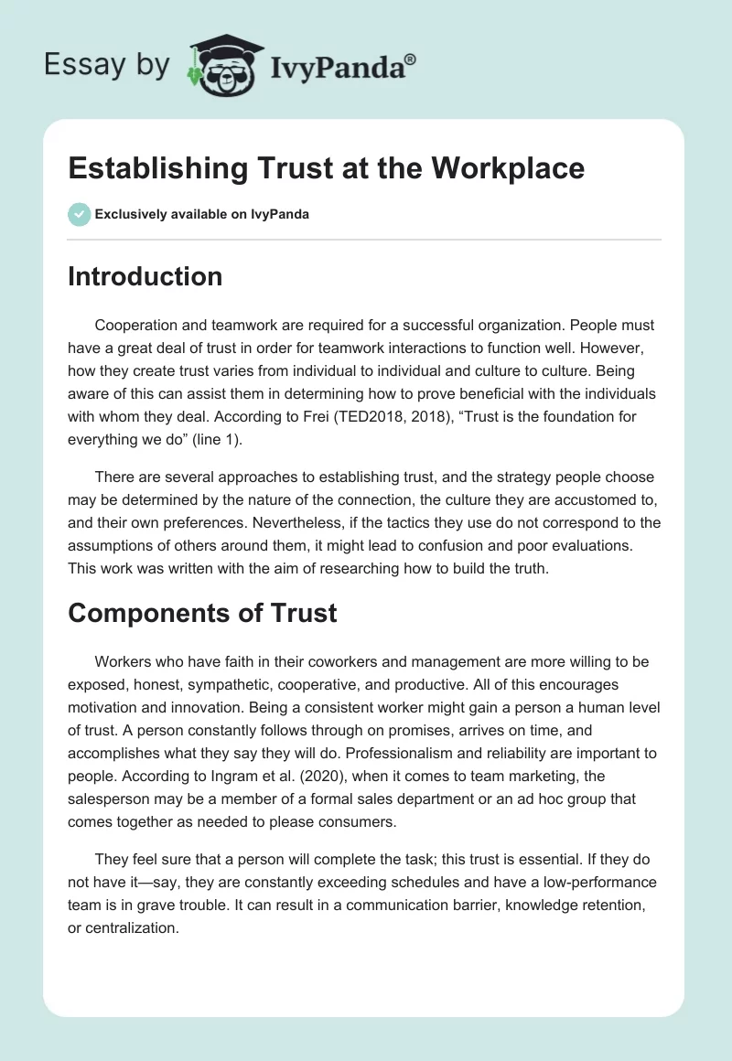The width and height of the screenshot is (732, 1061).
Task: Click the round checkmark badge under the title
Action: pos(79,214)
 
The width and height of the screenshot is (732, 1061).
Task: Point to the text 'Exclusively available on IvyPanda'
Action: pos(202,214)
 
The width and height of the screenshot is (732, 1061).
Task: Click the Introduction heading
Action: pos(145,276)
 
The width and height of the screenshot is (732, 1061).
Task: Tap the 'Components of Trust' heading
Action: pos(202,613)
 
